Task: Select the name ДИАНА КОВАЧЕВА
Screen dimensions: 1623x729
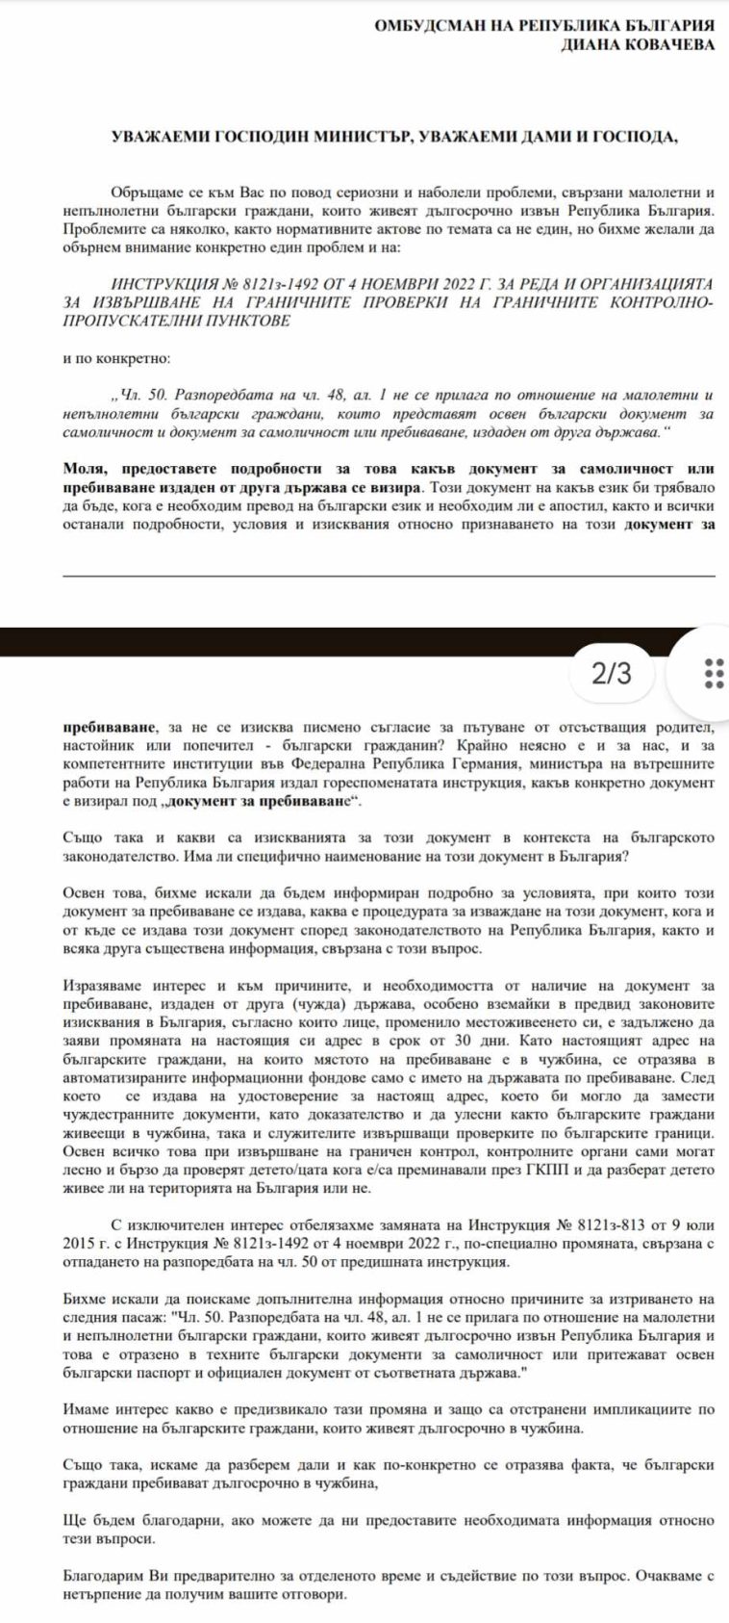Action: tap(638, 45)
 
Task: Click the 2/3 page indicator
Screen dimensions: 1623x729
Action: tap(612, 674)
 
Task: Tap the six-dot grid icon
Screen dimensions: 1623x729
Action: tap(714, 674)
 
